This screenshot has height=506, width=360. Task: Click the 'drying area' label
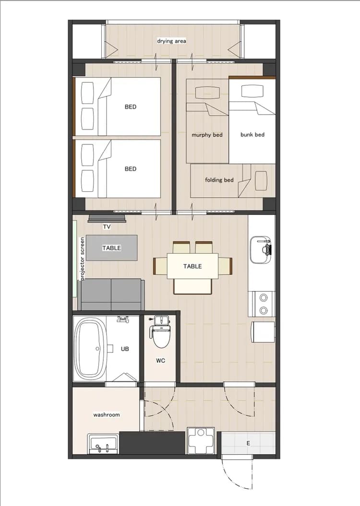(171, 41)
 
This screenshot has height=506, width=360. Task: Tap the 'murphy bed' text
(207, 135)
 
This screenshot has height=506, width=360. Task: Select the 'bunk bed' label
(252, 135)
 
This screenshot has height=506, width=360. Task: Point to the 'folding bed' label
(219, 180)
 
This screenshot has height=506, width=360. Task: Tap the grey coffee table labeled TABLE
(112, 247)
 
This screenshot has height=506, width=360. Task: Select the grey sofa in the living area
(111, 294)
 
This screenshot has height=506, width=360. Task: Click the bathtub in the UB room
(91, 349)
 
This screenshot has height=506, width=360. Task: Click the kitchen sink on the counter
(260, 249)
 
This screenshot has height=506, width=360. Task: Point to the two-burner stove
(264, 304)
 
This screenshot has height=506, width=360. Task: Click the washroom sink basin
(103, 444)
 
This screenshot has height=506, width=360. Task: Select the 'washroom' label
(107, 415)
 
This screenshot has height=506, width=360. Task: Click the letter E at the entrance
(248, 443)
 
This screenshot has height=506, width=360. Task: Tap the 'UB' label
(125, 349)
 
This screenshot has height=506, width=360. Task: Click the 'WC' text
(160, 361)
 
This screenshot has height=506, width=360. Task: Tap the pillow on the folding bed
(261, 180)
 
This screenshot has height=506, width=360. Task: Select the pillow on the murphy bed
(208, 93)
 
